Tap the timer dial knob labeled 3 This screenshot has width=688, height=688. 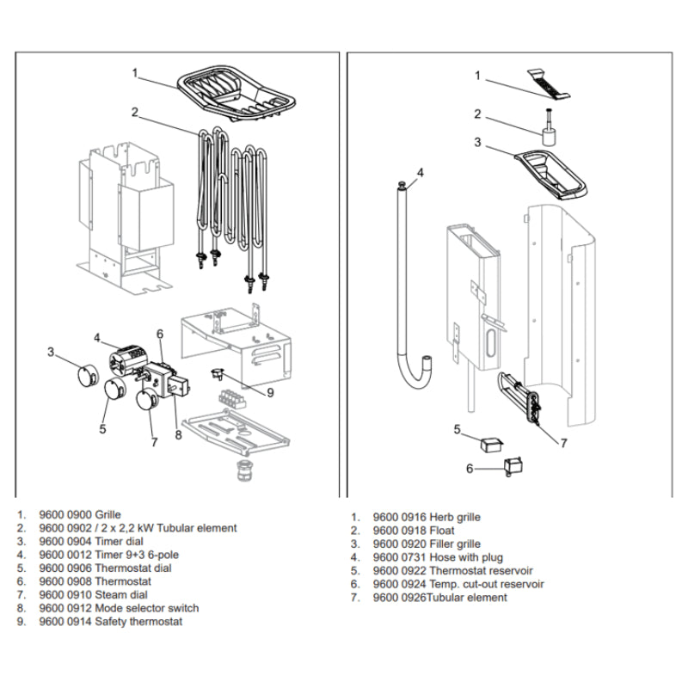(84, 376)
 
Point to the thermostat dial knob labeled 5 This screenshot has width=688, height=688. (115, 391)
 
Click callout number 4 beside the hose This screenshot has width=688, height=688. (420, 173)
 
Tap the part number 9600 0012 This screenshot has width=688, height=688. (65, 555)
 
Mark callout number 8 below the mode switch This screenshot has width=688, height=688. (178, 434)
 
